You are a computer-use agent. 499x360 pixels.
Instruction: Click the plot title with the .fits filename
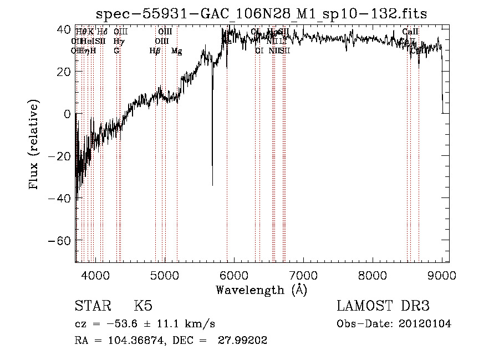point(262,13)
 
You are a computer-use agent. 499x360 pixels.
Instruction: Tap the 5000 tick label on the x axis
point(165,274)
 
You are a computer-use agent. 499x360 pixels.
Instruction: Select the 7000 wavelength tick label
point(303,274)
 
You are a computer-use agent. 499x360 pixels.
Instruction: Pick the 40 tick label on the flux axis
point(64,29)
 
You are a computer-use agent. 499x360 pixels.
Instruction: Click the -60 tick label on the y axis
point(61,241)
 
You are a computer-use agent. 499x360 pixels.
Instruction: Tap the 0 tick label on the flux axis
point(67,114)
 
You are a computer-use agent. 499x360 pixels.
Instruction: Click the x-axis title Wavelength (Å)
point(261,290)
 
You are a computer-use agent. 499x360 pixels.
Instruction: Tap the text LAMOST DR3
point(383,306)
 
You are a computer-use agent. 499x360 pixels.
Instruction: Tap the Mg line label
point(177,51)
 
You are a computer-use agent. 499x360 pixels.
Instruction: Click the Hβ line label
point(155,51)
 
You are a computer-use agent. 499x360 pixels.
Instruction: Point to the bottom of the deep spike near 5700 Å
point(212,185)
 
